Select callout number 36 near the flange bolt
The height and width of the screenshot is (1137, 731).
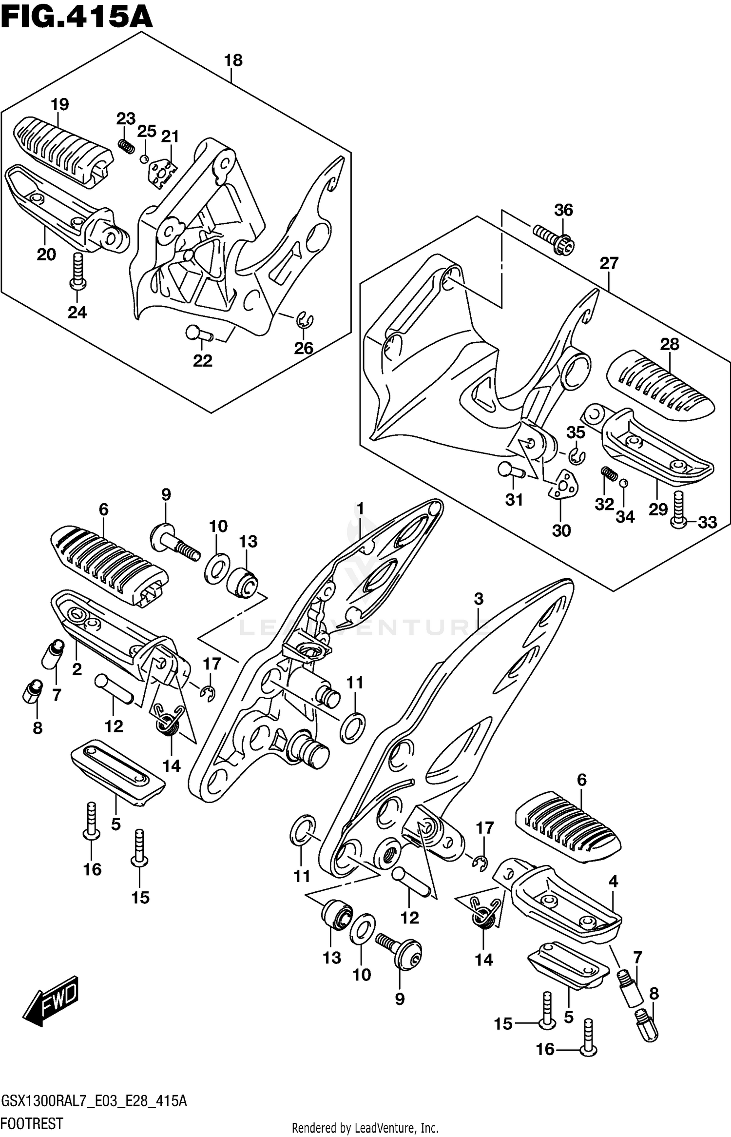pos(563,210)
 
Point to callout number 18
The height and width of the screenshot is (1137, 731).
pos(233,60)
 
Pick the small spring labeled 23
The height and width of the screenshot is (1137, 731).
pos(127,145)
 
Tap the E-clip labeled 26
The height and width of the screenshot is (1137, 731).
pos(306,320)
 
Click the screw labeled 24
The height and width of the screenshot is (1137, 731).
pos(77,271)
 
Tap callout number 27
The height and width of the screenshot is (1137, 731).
pos(609,263)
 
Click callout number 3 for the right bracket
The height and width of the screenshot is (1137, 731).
pos(479,599)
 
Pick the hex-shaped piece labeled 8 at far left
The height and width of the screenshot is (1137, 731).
pos(31,692)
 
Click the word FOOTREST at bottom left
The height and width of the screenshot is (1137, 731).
pos(33,1123)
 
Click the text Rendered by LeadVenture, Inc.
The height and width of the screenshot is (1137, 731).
pos(365,1128)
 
